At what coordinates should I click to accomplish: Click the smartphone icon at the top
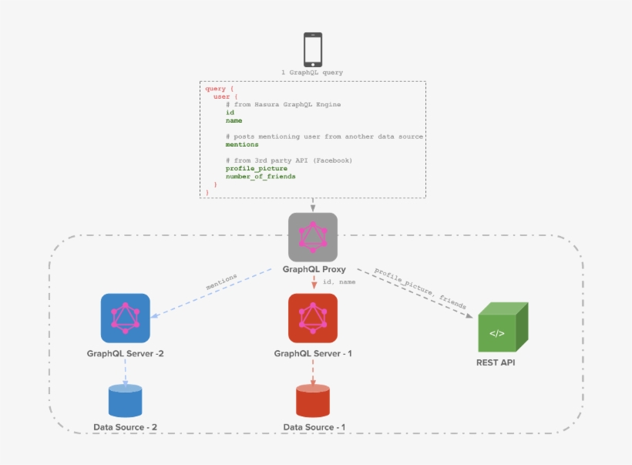tap(312, 49)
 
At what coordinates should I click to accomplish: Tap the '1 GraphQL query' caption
tap(312, 72)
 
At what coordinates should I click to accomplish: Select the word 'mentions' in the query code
tap(242, 144)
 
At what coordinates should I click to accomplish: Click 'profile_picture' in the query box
tap(256, 168)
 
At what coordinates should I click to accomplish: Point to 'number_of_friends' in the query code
tap(260, 177)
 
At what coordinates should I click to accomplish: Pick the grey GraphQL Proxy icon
tap(313, 237)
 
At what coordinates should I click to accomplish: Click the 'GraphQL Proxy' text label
tap(314, 270)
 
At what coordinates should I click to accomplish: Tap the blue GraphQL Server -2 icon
tap(126, 318)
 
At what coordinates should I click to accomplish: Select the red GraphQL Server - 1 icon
tap(312, 318)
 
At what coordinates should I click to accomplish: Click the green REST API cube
tap(503, 328)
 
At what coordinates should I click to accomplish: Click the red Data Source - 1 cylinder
tap(313, 401)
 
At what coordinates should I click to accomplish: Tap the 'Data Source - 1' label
tap(314, 427)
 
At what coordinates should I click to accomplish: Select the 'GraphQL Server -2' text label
tap(126, 354)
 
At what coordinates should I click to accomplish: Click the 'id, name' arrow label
tap(338, 282)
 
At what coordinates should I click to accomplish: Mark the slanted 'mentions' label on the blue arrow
tap(221, 281)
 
